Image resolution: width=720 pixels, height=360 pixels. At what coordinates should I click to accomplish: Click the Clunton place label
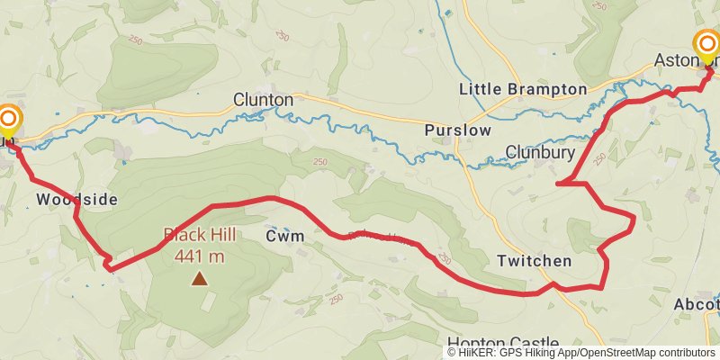[263, 100]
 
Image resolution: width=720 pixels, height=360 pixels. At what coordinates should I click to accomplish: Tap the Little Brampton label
[522, 89]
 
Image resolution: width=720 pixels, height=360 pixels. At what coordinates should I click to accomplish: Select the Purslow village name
[458, 130]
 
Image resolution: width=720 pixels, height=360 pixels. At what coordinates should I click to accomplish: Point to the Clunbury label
[540, 153]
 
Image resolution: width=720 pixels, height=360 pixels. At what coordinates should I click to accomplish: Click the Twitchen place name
[534, 261]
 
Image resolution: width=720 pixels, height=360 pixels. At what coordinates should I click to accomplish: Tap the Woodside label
[77, 199]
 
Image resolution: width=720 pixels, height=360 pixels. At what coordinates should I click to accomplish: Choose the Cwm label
[284, 236]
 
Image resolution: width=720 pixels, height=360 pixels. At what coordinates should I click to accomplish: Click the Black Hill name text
[200, 235]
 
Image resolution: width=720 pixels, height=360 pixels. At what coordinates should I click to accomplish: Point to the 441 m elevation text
[200, 256]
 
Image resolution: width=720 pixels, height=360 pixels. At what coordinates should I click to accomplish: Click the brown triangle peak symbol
[199, 279]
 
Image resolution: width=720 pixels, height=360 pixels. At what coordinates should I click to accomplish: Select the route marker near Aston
[706, 47]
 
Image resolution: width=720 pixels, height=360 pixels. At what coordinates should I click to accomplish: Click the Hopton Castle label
[502, 343]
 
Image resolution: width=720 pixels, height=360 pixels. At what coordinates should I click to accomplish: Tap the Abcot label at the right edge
[697, 305]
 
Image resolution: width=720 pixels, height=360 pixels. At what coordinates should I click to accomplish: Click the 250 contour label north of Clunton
[283, 35]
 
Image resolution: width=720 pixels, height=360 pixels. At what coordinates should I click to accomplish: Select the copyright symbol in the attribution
[452, 353]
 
